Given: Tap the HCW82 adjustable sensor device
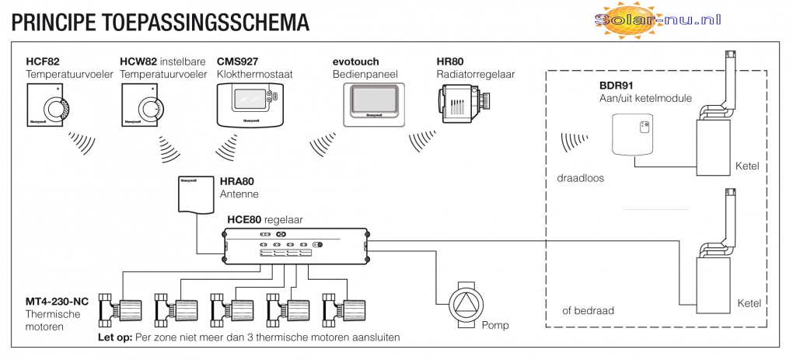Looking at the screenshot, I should pos(143,107).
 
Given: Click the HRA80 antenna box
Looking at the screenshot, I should pos(194,195).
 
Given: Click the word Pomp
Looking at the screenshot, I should pos(494,324).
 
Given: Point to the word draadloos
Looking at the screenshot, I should pos(580,177).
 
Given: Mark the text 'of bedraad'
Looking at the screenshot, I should pos(588,310).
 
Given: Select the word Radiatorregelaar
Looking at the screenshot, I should pos(475,75).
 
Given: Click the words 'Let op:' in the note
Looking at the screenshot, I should pos(113,339).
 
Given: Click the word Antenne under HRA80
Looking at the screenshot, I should pos(239,194).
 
